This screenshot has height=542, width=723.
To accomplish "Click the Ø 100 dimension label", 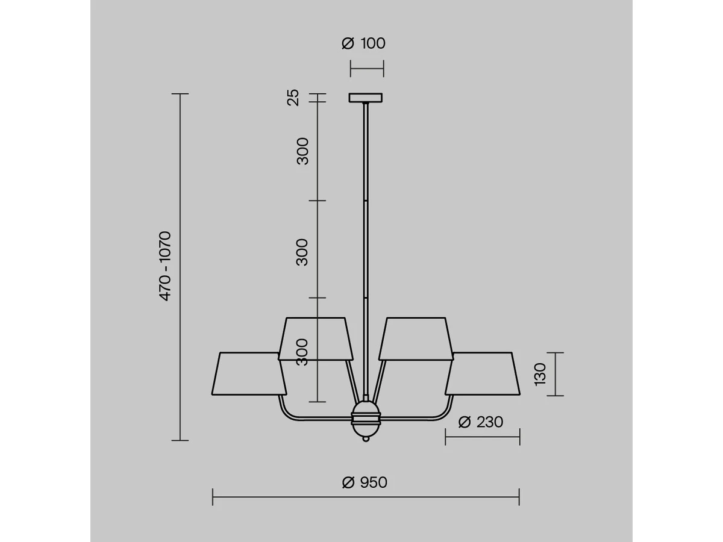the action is [364, 43].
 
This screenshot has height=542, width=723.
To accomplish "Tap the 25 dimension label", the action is [293, 98].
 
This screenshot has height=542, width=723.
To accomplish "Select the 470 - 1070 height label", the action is [165, 266].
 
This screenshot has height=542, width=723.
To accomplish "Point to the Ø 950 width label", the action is [365, 483].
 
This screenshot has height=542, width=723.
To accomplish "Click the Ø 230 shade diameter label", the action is [481, 422].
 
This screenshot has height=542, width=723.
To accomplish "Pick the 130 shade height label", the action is [540, 374].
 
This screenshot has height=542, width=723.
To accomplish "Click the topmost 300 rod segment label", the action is [302, 151].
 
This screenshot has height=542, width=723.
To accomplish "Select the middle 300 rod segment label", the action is [302, 252].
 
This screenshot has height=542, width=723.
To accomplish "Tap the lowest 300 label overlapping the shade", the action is [302, 352].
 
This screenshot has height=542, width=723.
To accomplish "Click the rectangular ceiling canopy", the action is [366, 98].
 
